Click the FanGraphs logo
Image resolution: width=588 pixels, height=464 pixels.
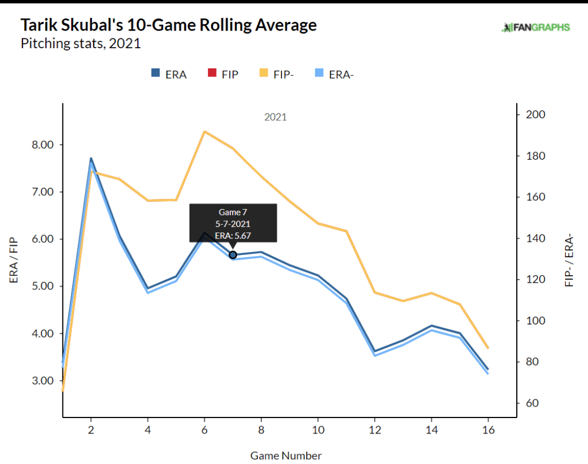point(536,27)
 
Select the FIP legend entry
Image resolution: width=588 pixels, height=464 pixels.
point(222,74)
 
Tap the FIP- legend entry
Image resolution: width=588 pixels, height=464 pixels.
point(277,74)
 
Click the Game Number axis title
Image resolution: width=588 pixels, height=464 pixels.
point(286,455)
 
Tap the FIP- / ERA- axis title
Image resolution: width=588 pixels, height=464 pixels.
point(570,260)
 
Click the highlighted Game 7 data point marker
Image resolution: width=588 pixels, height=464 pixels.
point(233,254)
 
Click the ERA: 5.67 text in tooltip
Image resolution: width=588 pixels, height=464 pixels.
point(233,235)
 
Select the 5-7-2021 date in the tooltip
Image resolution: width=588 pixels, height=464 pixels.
point(233,223)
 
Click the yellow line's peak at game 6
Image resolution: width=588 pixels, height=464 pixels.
point(204,132)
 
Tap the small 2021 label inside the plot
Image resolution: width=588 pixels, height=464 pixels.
point(275,117)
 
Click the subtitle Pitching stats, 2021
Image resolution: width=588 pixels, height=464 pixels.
point(80,44)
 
